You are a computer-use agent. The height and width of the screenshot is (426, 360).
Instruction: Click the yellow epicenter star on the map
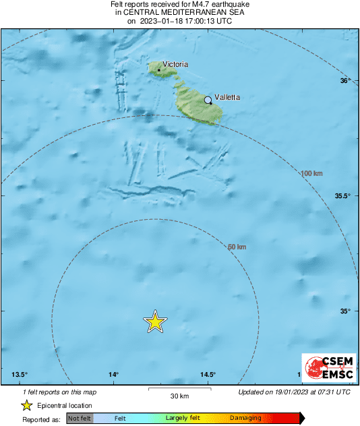[x=155, y=322]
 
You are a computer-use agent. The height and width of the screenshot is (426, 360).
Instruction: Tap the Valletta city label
[x=227, y=97]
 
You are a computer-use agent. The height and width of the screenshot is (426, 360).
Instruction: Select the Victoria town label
[x=175, y=65]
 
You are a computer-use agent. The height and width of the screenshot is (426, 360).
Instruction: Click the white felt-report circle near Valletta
[x=208, y=100]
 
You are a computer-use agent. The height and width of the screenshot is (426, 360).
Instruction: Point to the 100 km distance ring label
[x=311, y=174]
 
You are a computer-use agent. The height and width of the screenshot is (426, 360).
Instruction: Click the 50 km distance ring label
[x=237, y=247]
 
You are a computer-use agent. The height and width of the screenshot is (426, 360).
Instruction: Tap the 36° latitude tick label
[x=345, y=81]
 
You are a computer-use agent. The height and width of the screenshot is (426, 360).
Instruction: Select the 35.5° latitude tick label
[x=342, y=196]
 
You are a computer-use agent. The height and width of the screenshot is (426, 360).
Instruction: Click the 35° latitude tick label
[x=345, y=311]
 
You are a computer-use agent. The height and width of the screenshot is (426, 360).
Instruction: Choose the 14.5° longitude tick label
[x=208, y=375]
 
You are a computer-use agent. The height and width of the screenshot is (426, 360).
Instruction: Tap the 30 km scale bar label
[x=179, y=396]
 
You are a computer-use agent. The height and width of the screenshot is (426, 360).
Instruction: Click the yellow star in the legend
[x=26, y=405]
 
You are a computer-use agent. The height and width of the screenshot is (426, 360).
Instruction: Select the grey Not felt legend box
[x=80, y=419]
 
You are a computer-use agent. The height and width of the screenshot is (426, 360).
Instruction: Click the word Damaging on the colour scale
[x=245, y=419]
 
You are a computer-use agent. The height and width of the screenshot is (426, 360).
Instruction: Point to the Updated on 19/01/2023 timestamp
[x=294, y=392]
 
